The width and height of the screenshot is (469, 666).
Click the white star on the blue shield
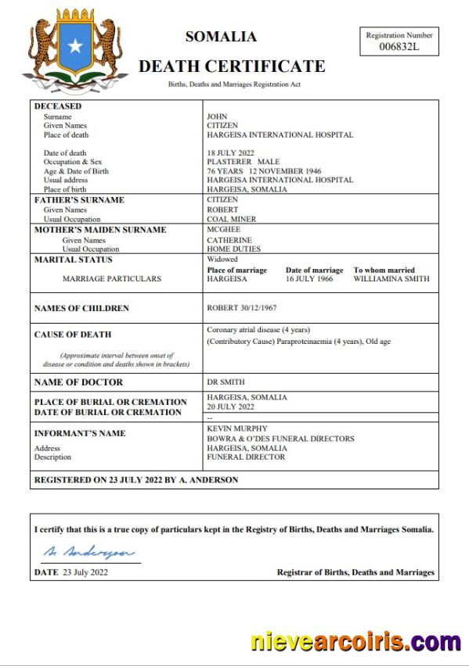click(x=75, y=47)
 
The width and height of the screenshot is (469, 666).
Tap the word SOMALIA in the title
click(x=221, y=37)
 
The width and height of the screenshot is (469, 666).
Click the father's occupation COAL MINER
click(x=232, y=220)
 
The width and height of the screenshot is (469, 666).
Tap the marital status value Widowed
click(x=222, y=260)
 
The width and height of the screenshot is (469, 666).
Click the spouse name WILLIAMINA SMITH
click(x=391, y=278)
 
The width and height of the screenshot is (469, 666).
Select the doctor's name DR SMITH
click(x=226, y=381)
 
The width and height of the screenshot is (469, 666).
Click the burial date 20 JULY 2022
click(x=230, y=406)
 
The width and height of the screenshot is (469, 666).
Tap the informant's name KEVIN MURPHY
click(x=237, y=428)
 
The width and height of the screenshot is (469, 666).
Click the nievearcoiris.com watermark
click(x=355, y=643)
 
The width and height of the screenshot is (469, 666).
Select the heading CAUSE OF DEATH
click(x=73, y=335)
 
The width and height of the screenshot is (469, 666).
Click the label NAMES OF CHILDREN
click(x=81, y=308)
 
